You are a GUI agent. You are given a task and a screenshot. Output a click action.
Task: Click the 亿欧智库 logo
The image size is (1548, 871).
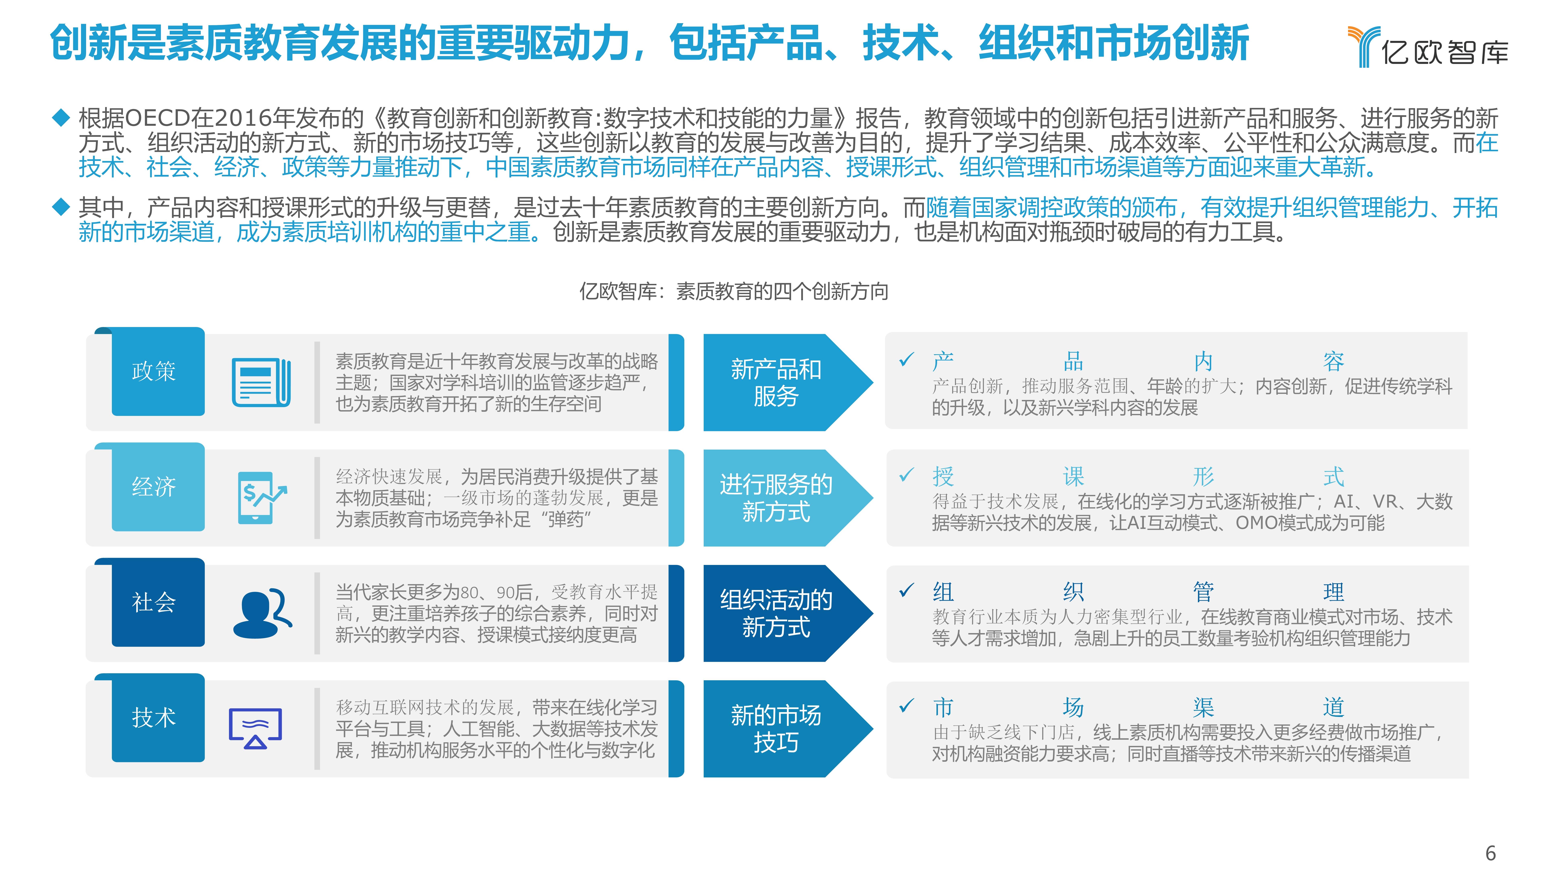[1427, 47]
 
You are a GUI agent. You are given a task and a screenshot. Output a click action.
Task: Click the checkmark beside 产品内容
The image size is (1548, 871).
[906, 360]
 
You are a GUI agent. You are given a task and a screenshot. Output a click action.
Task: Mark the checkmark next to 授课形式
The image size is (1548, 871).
[906, 475]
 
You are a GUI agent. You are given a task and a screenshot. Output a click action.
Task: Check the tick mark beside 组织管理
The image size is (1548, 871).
[906, 591]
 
